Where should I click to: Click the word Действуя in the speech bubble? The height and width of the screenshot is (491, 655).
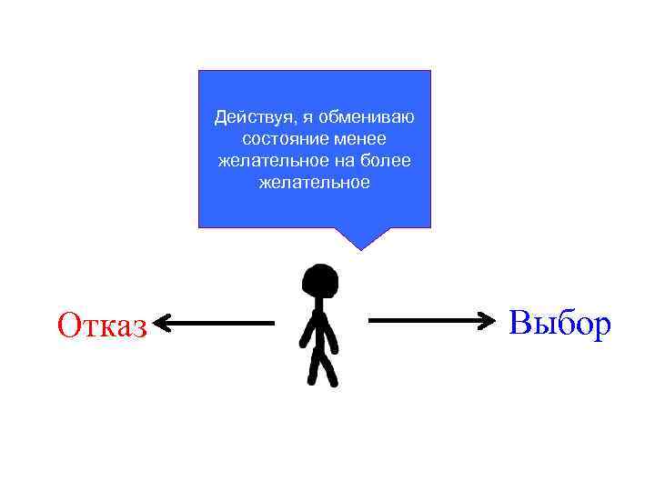point(246,117)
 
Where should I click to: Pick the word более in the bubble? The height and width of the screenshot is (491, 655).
point(389,161)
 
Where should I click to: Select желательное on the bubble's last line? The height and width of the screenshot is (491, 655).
point(314,183)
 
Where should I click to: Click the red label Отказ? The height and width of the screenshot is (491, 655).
point(101,325)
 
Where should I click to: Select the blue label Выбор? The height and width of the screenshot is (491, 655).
point(559,322)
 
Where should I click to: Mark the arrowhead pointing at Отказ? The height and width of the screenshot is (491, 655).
point(161,323)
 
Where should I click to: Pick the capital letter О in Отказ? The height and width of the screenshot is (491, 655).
point(69,325)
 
